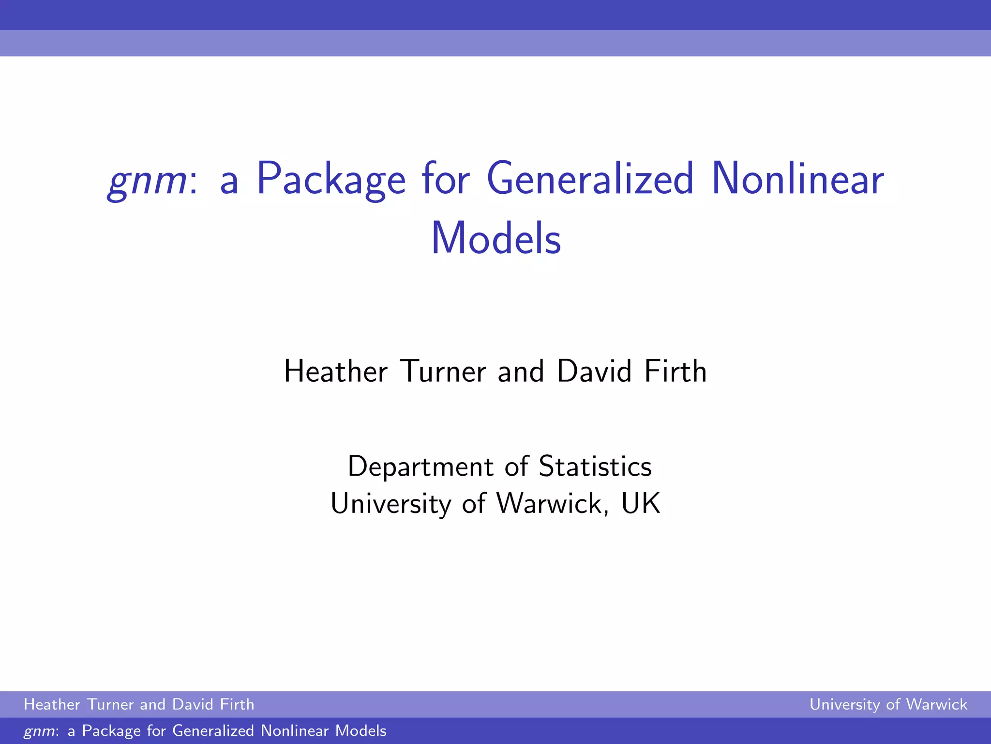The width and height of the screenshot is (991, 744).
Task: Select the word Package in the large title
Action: [x=331, y=180]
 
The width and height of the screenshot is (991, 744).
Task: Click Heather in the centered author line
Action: [x=336, y=372]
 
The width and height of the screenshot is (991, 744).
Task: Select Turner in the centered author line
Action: [x=443, y=372]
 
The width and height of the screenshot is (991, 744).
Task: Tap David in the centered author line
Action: [x=594, y=372]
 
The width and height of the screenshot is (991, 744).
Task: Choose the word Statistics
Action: [x=595, y=467]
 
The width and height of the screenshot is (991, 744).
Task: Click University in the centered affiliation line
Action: [x=391, y=504]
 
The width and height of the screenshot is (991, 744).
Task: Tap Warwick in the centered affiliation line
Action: [x=549, y=504]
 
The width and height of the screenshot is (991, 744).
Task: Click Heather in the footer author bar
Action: [x=52, y=704]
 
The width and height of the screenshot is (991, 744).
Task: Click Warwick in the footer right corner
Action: [x=936, y=704]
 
